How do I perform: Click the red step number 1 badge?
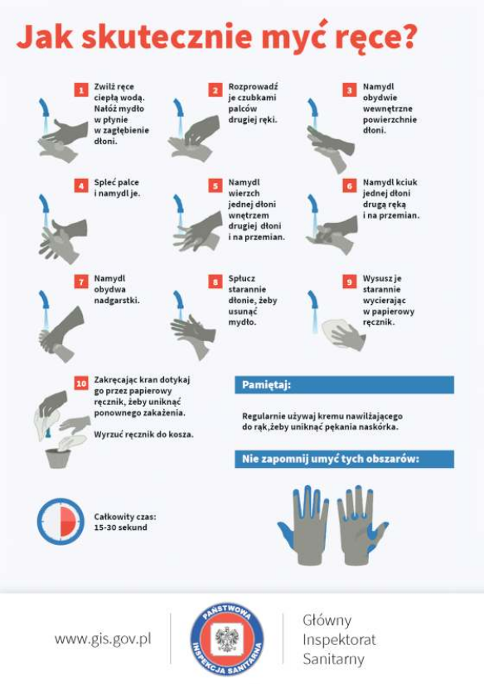click(x=80, y=90)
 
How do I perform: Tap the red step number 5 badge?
click(x=215, y=185)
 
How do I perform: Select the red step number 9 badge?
click(x=350, y=282)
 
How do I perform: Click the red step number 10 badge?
click(x=81, y=383)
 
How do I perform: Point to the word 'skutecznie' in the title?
click(x=167, y=37)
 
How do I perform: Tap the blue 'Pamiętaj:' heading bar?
click(x=344, y=385)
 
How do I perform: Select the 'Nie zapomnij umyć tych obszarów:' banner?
click(x=344, y=459)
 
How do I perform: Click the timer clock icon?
click(x=60, y=522)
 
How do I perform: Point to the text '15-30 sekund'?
click(x=120, y=527)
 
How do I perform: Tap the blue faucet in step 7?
click(x=44, y=300)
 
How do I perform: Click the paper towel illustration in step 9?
click(x=338, y=334)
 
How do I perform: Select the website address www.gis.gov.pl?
click(x=103, y=639)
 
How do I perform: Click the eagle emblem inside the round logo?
click(x=226, y=639)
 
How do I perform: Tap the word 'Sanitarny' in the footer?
click(x=333, y=658)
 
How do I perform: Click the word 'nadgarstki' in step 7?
click(x=116, y=300)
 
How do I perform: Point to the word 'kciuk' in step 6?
click(x=406, y=182)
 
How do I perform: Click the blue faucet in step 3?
click(x=312, y=108)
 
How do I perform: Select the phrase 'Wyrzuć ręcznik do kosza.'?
click(x=143, y=435)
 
